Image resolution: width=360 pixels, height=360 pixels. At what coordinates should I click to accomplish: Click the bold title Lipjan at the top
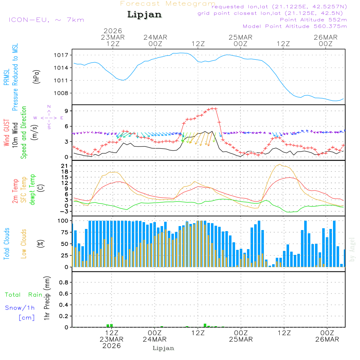tap(144, 15)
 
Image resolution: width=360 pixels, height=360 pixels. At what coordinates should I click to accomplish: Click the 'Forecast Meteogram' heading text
tap(168, 4)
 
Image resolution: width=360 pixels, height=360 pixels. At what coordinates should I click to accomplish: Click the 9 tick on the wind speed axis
tap(67, 111)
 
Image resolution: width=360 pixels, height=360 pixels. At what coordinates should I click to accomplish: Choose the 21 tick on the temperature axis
tap(65, 166)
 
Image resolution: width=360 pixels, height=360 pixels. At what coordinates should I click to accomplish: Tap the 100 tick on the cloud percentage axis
tap(63, 220)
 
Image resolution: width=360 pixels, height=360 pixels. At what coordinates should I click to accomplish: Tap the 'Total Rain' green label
tap(24, 294)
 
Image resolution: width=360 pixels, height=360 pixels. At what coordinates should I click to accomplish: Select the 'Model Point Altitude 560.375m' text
tap(295, 26)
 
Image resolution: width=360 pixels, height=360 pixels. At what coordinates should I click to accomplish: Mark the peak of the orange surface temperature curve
tap(280, 165)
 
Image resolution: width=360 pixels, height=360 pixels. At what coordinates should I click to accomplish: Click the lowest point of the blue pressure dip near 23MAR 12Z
tap(123, 80)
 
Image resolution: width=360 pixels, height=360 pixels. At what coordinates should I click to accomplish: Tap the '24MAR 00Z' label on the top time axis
tap(156, 40)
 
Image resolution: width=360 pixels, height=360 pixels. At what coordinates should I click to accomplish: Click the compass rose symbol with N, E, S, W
tap(49, 117)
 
